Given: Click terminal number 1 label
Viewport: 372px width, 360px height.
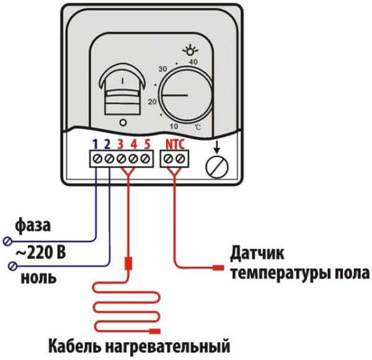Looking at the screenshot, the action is pos(95,144).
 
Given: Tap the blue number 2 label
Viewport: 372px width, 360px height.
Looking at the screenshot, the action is pos(107,144).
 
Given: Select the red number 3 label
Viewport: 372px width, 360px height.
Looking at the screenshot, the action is pos(120,144).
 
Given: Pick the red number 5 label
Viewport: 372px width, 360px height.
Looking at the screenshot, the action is pos(148,144).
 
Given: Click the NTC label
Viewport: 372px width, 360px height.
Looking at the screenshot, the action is pos(175,144).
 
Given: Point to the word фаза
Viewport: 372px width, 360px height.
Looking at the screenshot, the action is pos(33,225).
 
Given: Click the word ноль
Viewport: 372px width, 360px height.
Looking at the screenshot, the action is pos(38,277).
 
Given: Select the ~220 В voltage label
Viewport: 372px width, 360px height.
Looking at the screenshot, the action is pos(40,252).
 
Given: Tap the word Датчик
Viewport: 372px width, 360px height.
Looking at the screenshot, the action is pos(257,254).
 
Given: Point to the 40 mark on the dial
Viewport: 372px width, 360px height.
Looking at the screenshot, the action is pos(193,62).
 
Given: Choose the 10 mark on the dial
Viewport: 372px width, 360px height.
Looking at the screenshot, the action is pos(174,127).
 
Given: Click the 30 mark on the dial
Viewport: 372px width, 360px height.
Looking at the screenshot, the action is pos(162,69).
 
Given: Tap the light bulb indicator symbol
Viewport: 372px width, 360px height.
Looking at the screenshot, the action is pos(190,50).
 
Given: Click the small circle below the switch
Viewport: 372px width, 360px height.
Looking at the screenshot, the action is pos(123,122).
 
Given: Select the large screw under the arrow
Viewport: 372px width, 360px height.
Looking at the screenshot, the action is pos(216,166).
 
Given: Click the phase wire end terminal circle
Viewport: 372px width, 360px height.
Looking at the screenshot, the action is pos(7,241).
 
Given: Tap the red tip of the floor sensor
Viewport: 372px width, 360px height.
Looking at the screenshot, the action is pos(218,268).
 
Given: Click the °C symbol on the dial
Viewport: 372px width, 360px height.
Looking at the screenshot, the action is pos(198,127).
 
